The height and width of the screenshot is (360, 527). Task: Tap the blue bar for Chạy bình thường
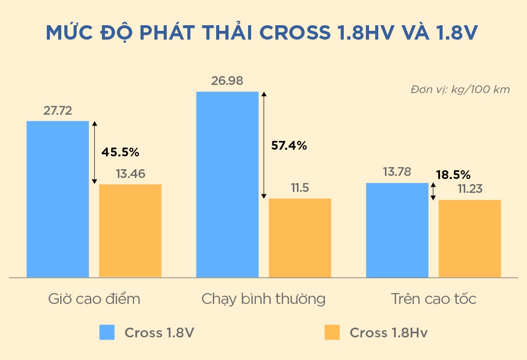[x=227, y=185]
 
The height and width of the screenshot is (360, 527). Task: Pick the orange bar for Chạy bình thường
[x=300, y=238]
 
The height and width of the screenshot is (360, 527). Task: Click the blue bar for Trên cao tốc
[x=397, y=230]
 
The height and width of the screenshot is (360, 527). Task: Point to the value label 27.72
[x=58, y=111]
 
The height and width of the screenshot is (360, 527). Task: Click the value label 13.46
[x=130, y=174]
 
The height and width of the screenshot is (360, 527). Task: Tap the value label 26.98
[x=227, y=81]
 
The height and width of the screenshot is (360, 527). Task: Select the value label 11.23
[x=470, y=189]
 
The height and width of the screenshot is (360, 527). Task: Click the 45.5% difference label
[x=120, y=152]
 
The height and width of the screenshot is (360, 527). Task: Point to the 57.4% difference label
[x=289, y=146]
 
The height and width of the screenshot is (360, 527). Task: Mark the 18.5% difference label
[x=453, y=174]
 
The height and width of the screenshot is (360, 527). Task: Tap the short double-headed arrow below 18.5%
[x=433, y=192]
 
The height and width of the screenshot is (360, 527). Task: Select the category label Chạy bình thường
[x=263, y=299]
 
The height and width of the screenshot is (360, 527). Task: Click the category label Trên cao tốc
[x=433, y=299]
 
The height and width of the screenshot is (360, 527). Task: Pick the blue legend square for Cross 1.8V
[x=107, y=332]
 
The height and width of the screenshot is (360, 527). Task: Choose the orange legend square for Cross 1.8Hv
[x=332, y=332]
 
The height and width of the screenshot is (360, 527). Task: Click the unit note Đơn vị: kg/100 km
[x=460, y=89]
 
